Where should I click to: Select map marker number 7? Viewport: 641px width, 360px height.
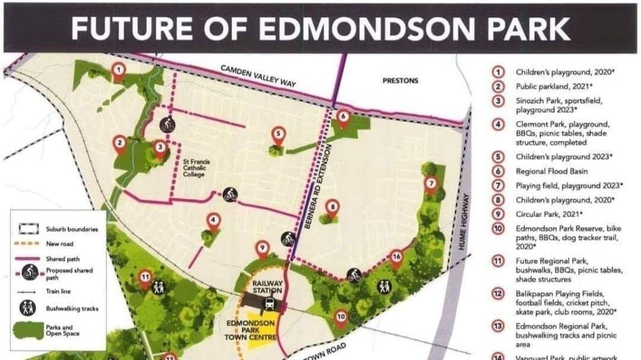click(431, 183)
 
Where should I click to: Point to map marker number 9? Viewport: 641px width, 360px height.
click(262, 249)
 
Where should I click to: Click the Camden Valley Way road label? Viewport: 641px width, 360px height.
click(259, 77)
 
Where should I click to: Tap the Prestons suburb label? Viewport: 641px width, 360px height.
click(400, 81)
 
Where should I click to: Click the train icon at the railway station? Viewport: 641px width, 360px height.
click(269, 304)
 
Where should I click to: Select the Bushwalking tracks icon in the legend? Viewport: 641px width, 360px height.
click(30, 308)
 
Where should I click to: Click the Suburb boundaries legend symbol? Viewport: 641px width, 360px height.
click(30, 228)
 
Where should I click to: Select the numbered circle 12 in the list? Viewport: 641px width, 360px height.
click(499, 294)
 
